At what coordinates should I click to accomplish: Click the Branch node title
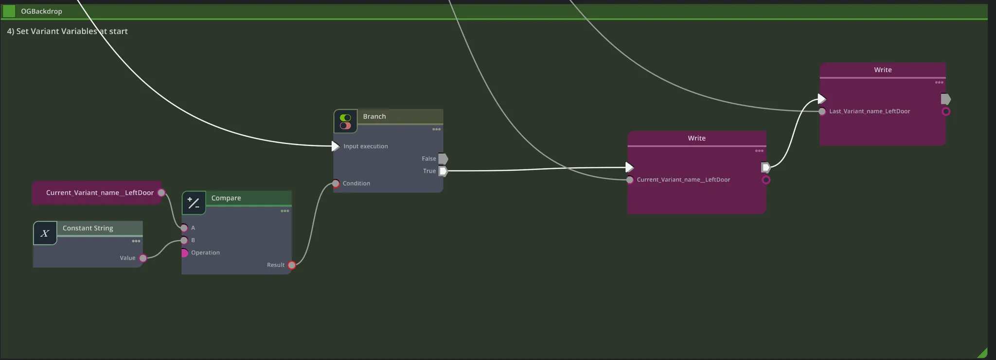[x=374, y=116]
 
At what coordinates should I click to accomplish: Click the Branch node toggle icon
[x=345, y=121]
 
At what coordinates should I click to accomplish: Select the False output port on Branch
[x=443, y=159]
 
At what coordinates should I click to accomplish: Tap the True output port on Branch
[x=443, y=171]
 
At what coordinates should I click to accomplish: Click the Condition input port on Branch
[x=336, y=183]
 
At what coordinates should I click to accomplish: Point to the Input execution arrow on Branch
[x=335, y=146]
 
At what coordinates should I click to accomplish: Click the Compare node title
[x=226, y=198]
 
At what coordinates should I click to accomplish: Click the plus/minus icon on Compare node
[x=194, y=203]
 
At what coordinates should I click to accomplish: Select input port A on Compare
[x=184, y=228]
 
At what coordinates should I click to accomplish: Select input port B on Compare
[x=184, y=240]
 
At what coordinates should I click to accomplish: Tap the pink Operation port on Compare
[x=184, y=253]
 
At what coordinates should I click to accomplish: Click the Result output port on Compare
[x=292, y=265]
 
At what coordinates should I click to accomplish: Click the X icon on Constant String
[x=45, y=234]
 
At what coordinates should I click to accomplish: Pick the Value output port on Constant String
[x=143, y=258]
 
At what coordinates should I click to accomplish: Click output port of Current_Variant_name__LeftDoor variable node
[x=161, y=193]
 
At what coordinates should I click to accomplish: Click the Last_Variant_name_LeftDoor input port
[x=822, y=111]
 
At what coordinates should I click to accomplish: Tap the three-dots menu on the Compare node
[x=285, y=211]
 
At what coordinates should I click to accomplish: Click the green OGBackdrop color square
[x=9, y=11]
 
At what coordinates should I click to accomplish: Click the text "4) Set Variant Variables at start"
[x=67, y=31]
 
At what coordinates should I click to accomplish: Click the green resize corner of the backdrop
[x=983, y=354]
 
